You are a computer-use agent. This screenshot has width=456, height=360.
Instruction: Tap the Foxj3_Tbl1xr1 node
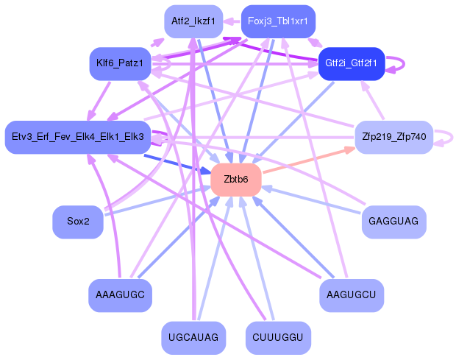tap(278, 21)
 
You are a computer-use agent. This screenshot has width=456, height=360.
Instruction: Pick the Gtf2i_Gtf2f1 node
tap(352, 63)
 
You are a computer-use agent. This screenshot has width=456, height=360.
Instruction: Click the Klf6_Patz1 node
tap(119, 63)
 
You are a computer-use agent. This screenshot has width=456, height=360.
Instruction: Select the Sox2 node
tap(77, 221)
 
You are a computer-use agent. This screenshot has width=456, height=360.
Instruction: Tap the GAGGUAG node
tap(393, 221)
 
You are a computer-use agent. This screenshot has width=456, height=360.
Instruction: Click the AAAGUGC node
tap(120, 294)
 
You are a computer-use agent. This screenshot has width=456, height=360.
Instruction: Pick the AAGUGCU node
tap(352, 294)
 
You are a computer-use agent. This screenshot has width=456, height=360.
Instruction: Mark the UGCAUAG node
tap(193, 337)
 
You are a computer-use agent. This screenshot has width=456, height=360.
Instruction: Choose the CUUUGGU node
tap(277, 337)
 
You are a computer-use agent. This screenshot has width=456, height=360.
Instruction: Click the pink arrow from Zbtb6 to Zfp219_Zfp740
tap(309, 161)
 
